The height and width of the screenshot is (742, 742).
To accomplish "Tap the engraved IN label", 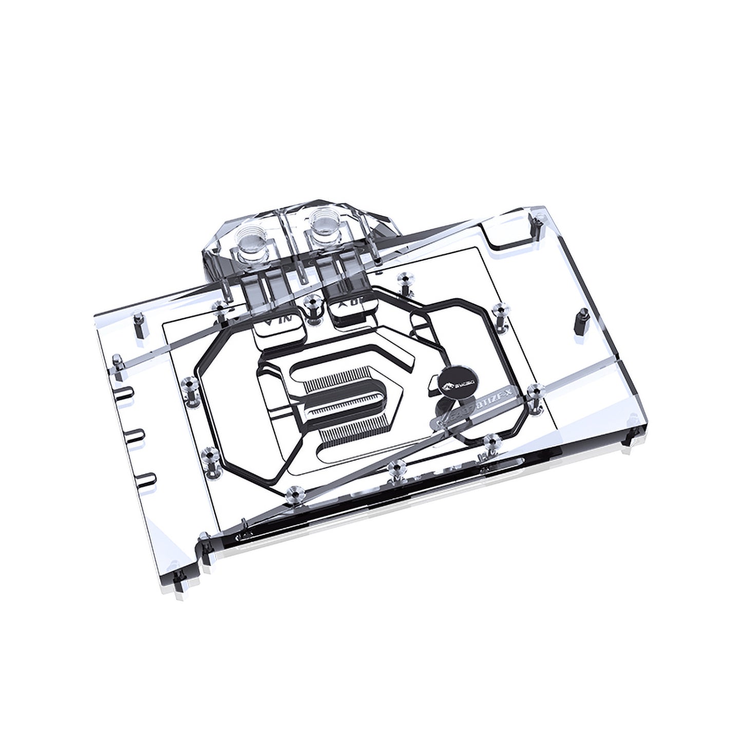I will coord(280,319).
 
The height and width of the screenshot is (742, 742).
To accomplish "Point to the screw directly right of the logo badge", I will coord(535,393).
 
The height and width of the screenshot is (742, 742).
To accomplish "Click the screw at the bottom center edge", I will coord(395,467).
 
